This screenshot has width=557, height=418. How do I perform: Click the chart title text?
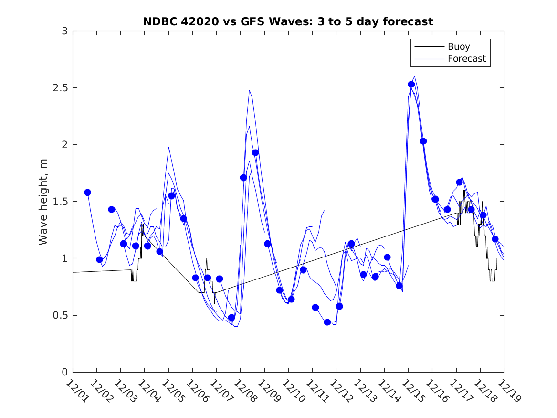(288, 21)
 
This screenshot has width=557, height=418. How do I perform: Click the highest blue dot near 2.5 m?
(411, 85)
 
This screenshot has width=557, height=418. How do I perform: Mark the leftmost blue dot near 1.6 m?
(87, 193)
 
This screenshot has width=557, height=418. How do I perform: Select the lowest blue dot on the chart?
(327, 322)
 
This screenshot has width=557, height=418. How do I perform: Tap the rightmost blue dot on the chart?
(495, 239)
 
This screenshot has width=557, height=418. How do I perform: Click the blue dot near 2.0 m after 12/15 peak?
(423, 141)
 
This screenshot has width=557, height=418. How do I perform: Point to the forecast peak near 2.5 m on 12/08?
(249, 90)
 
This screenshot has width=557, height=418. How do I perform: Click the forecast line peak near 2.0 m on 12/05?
(168, 147)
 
